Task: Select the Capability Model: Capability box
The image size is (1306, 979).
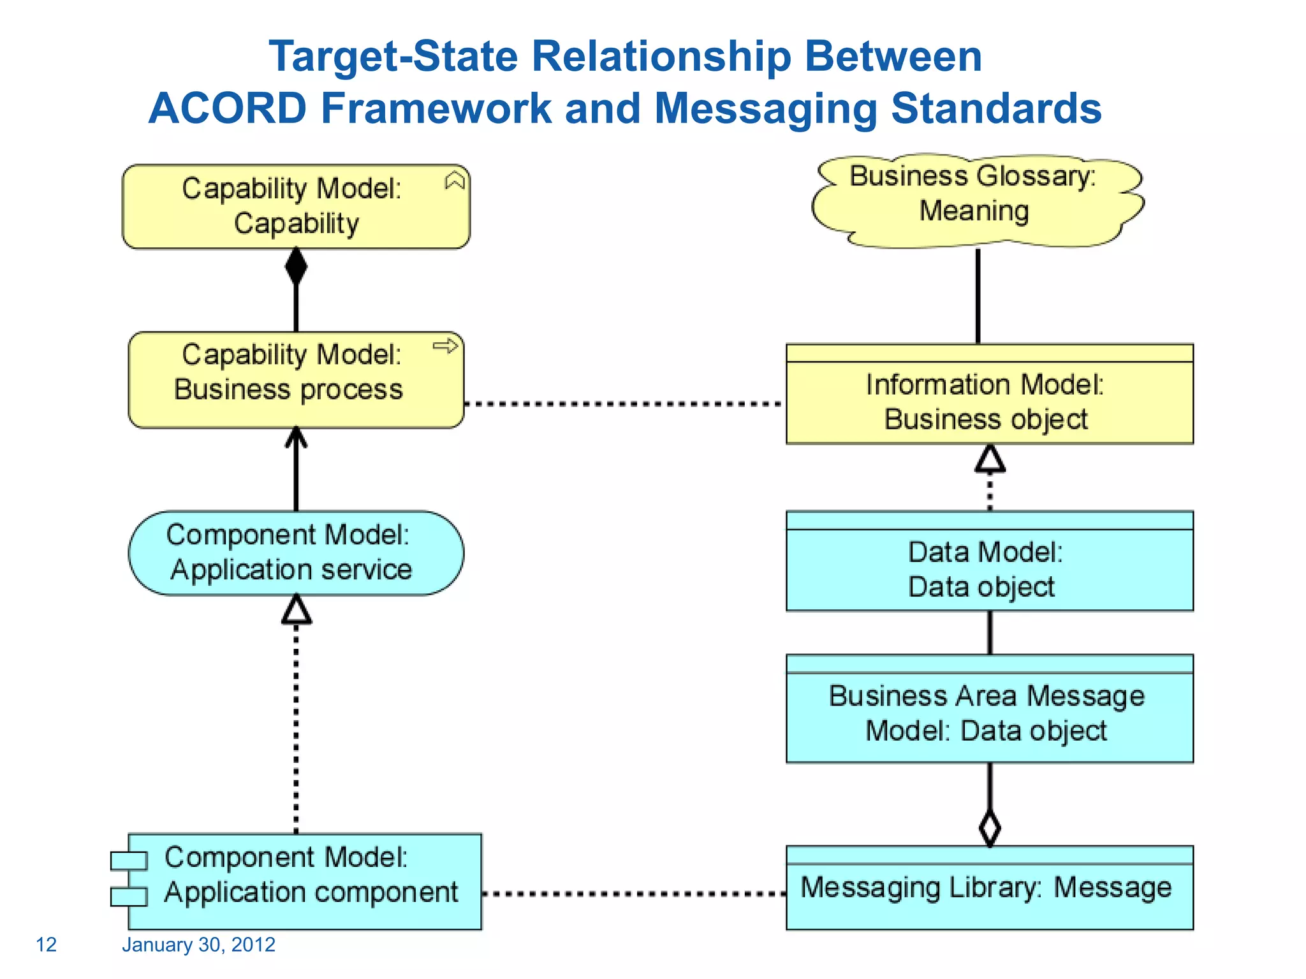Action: (296, 207)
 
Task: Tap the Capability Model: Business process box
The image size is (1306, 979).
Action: (296, 380)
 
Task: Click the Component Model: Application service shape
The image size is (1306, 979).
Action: (296, 553)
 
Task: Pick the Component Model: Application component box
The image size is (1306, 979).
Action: (305, 881)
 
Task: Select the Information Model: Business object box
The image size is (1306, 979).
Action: (989, 402)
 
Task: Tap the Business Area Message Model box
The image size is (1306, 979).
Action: (989, 714)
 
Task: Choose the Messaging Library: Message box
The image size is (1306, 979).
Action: (989, 892)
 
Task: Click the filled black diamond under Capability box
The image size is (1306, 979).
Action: (296, 266)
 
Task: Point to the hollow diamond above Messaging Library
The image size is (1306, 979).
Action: (989, 828)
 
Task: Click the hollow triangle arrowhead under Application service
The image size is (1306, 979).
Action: (297, 610)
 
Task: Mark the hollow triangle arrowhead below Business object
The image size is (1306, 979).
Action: (990, 459)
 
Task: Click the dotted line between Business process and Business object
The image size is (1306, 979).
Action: (624, 403)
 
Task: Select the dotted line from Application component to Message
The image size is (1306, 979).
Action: (633, 894)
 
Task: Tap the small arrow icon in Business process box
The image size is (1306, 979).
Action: (445, 346)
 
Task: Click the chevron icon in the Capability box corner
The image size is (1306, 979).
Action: (455, 181)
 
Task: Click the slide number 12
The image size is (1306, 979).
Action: (46, 945)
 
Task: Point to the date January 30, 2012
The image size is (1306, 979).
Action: (198, 945)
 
